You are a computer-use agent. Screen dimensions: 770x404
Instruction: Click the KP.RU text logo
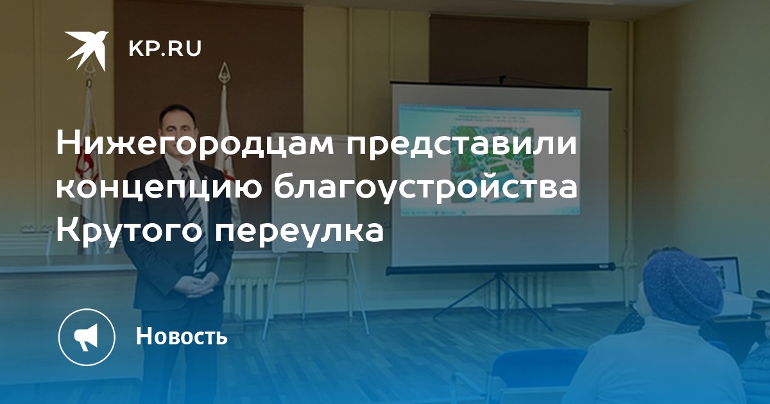pyautogui.click(x=165, y=49)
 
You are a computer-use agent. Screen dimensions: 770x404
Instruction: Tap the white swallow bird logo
pyautogui.click(x=87, y=50)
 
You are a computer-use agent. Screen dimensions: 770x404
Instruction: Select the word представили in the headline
pyautogui.click(x=461, y=144)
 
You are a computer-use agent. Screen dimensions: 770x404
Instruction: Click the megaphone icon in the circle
pyautogui.click(x=87, y=337)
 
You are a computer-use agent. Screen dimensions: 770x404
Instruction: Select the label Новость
pyautogui.click(x=182, y=336)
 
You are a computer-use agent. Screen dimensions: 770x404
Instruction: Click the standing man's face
pyautogui.click(x=178, y=133)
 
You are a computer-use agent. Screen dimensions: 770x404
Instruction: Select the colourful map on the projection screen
pyautogui.click(x=492, y=164)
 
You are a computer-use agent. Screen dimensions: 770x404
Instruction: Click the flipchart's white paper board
pyautogui.click(x=314, y=192)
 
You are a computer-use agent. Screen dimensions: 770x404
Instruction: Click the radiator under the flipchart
pyautogui.click(x=246, y=295)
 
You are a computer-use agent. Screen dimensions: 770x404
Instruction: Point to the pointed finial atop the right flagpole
pyautogui.click(x=225, y=71)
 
